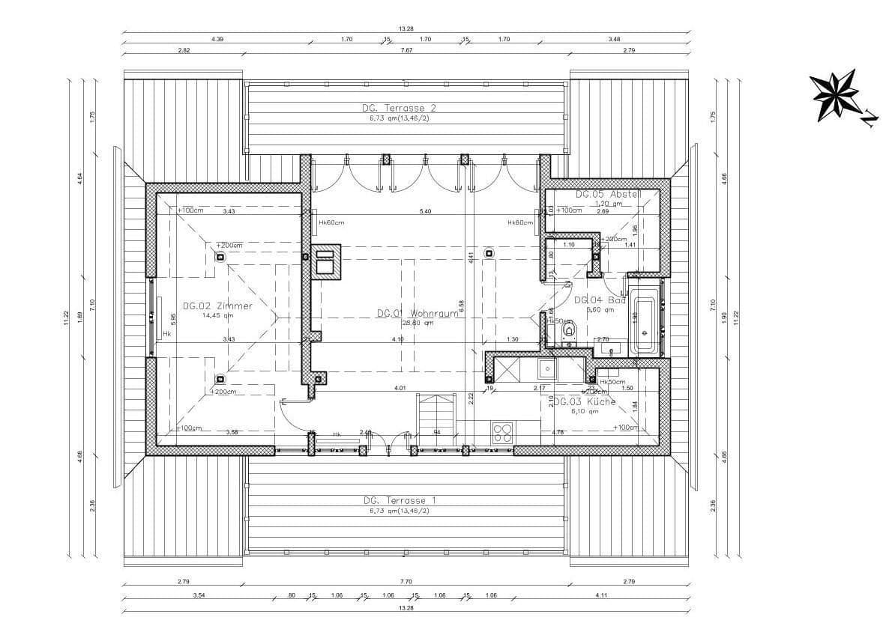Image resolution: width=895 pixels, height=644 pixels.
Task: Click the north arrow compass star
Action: click(834, 94)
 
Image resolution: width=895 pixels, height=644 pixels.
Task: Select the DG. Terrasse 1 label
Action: click(399, 500)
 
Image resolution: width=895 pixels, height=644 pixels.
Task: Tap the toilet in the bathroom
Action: click(568, 330)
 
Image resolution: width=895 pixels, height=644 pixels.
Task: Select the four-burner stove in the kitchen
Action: click(501, 432)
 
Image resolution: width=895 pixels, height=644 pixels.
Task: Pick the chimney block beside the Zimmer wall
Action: click(326, 262)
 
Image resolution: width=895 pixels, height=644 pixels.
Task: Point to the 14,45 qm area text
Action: click(217, 315)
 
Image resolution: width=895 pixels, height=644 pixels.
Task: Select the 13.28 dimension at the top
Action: click(406, 28)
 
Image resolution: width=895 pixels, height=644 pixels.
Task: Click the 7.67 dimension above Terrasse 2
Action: click(406, 50)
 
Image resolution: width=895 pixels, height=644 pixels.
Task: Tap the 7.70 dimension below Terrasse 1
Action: click(406, 581)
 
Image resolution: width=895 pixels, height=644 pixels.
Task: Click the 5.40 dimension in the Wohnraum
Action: click(425, 211)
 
